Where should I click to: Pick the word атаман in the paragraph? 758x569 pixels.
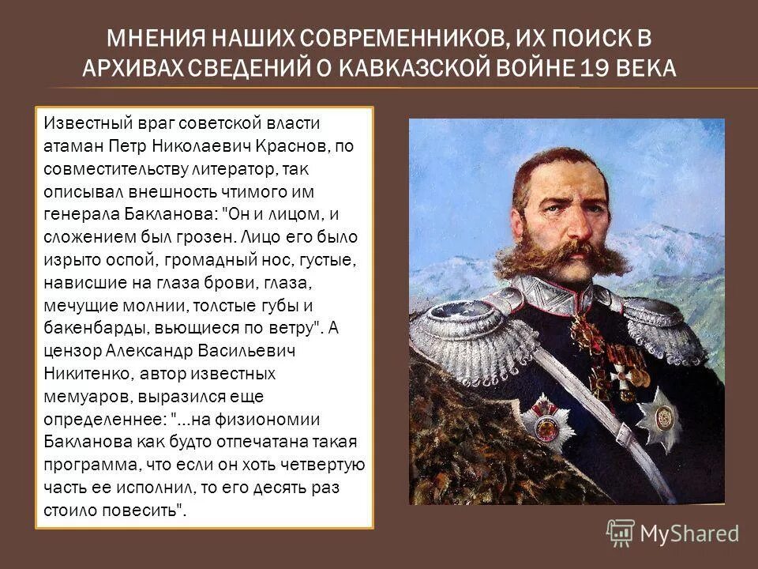pos(73,147)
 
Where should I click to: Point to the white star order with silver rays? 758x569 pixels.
pos(659,413)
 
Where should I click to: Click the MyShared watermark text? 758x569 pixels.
pos(689,534)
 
